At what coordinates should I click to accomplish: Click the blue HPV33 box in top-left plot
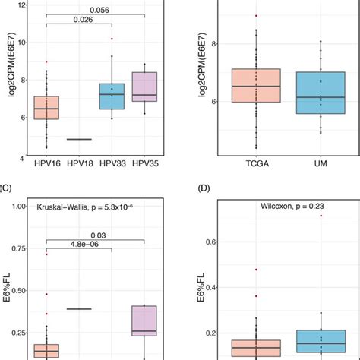[112, 96]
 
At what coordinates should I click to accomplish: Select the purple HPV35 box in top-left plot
[144, 87]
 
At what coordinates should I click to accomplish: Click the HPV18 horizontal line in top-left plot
[79, 139]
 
